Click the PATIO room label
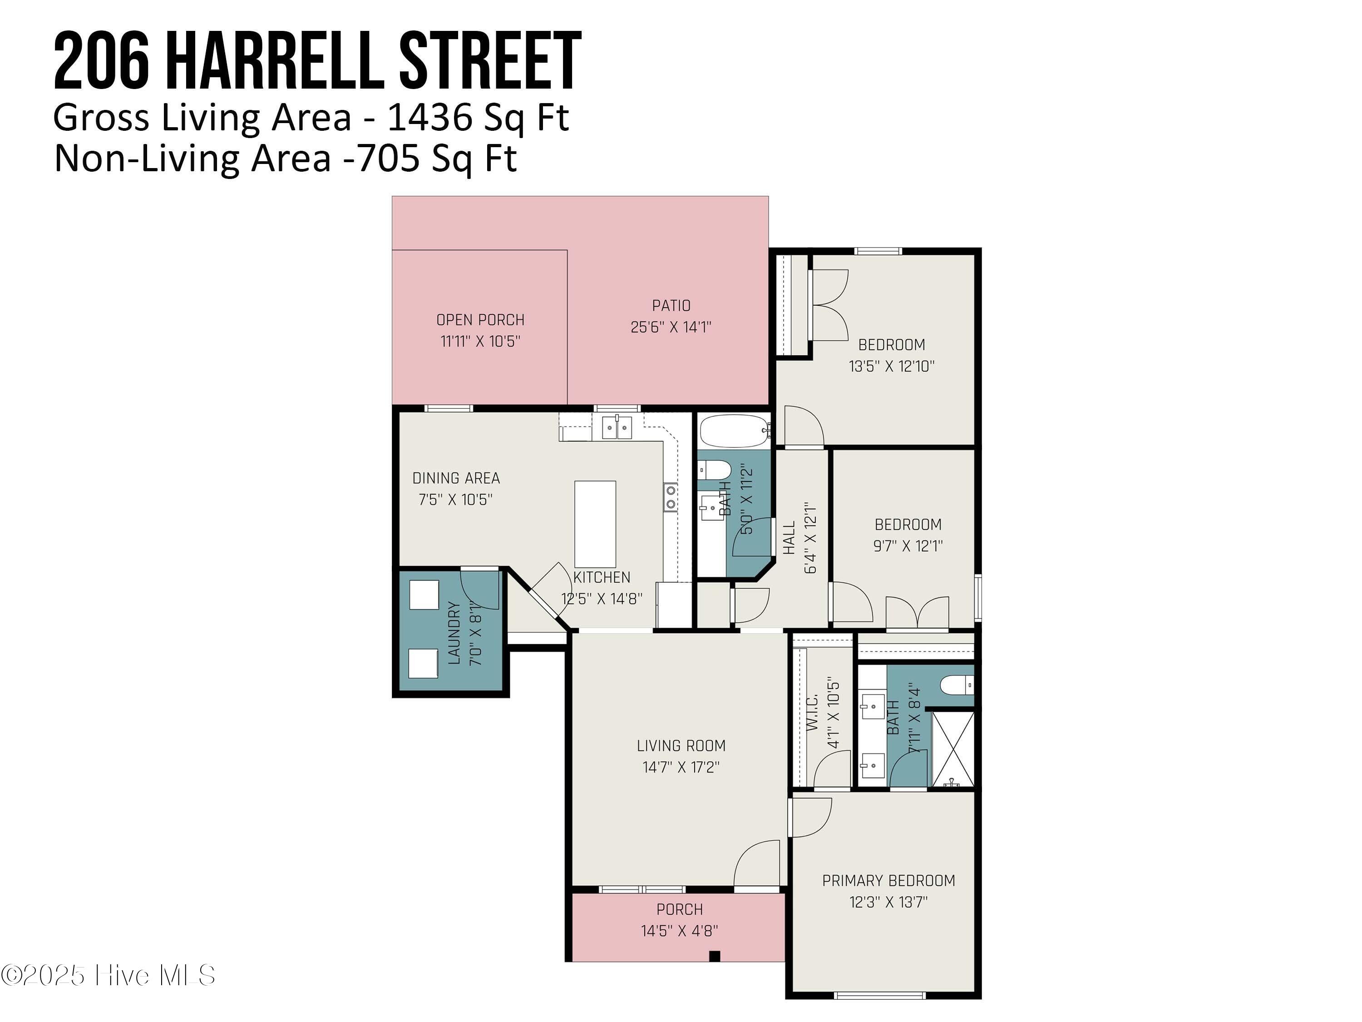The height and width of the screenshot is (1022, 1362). point(671,306)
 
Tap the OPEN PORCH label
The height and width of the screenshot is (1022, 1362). point(480,320)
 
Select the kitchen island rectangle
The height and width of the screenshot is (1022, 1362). point(595,524)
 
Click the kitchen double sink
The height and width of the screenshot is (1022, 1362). point(617,427)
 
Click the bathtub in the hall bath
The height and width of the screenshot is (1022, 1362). point(734,431)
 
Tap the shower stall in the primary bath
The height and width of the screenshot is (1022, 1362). point(952,749)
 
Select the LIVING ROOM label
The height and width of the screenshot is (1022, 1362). point(681,745)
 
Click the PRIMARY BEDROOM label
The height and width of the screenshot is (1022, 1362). point(888,880)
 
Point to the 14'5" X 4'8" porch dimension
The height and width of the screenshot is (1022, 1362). point(679,930)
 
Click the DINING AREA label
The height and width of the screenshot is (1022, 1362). point(456,478)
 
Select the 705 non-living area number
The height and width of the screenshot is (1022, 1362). point(389,159)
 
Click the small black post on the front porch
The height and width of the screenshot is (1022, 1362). point(714,956)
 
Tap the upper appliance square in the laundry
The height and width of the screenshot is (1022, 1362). point(424,595)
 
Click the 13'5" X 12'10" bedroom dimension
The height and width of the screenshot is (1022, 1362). point(891,366)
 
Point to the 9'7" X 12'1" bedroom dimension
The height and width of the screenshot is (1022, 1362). point(908,546)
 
